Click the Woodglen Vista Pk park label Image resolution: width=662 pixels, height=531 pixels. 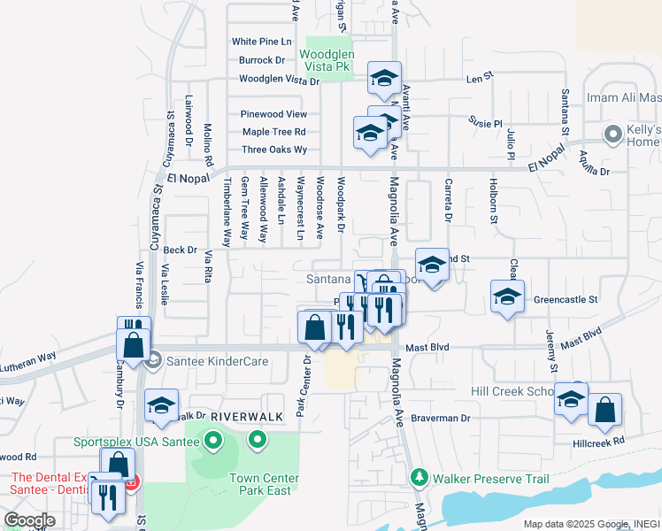click(x=328, y=60)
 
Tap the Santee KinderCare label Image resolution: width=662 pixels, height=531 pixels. click(x=196, y=360)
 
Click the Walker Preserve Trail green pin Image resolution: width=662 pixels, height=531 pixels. click(x=419, y=479)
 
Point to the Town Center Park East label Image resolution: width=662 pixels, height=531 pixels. click(x=264, y=484)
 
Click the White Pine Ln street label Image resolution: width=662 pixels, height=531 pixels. click(x=261, y=42)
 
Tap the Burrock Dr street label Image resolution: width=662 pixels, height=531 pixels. click(x=261, y=61)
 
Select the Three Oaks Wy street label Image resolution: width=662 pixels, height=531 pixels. click(x=274, y=150)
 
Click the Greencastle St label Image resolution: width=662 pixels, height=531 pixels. click(x=566, y=300)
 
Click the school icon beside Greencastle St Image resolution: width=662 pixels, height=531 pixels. click(x=507, y=296)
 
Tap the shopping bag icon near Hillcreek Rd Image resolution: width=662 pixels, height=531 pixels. click(x=604, y=409)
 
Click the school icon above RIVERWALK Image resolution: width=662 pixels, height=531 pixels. click(x=161, y=404)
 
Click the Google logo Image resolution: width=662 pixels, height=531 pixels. click(x=29, y=520)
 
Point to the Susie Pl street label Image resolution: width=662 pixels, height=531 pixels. click(x=486, y=124)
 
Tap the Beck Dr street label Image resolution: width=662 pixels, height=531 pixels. click(x=180, y=250)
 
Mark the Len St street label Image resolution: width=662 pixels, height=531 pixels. click(x=479, y=79)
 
